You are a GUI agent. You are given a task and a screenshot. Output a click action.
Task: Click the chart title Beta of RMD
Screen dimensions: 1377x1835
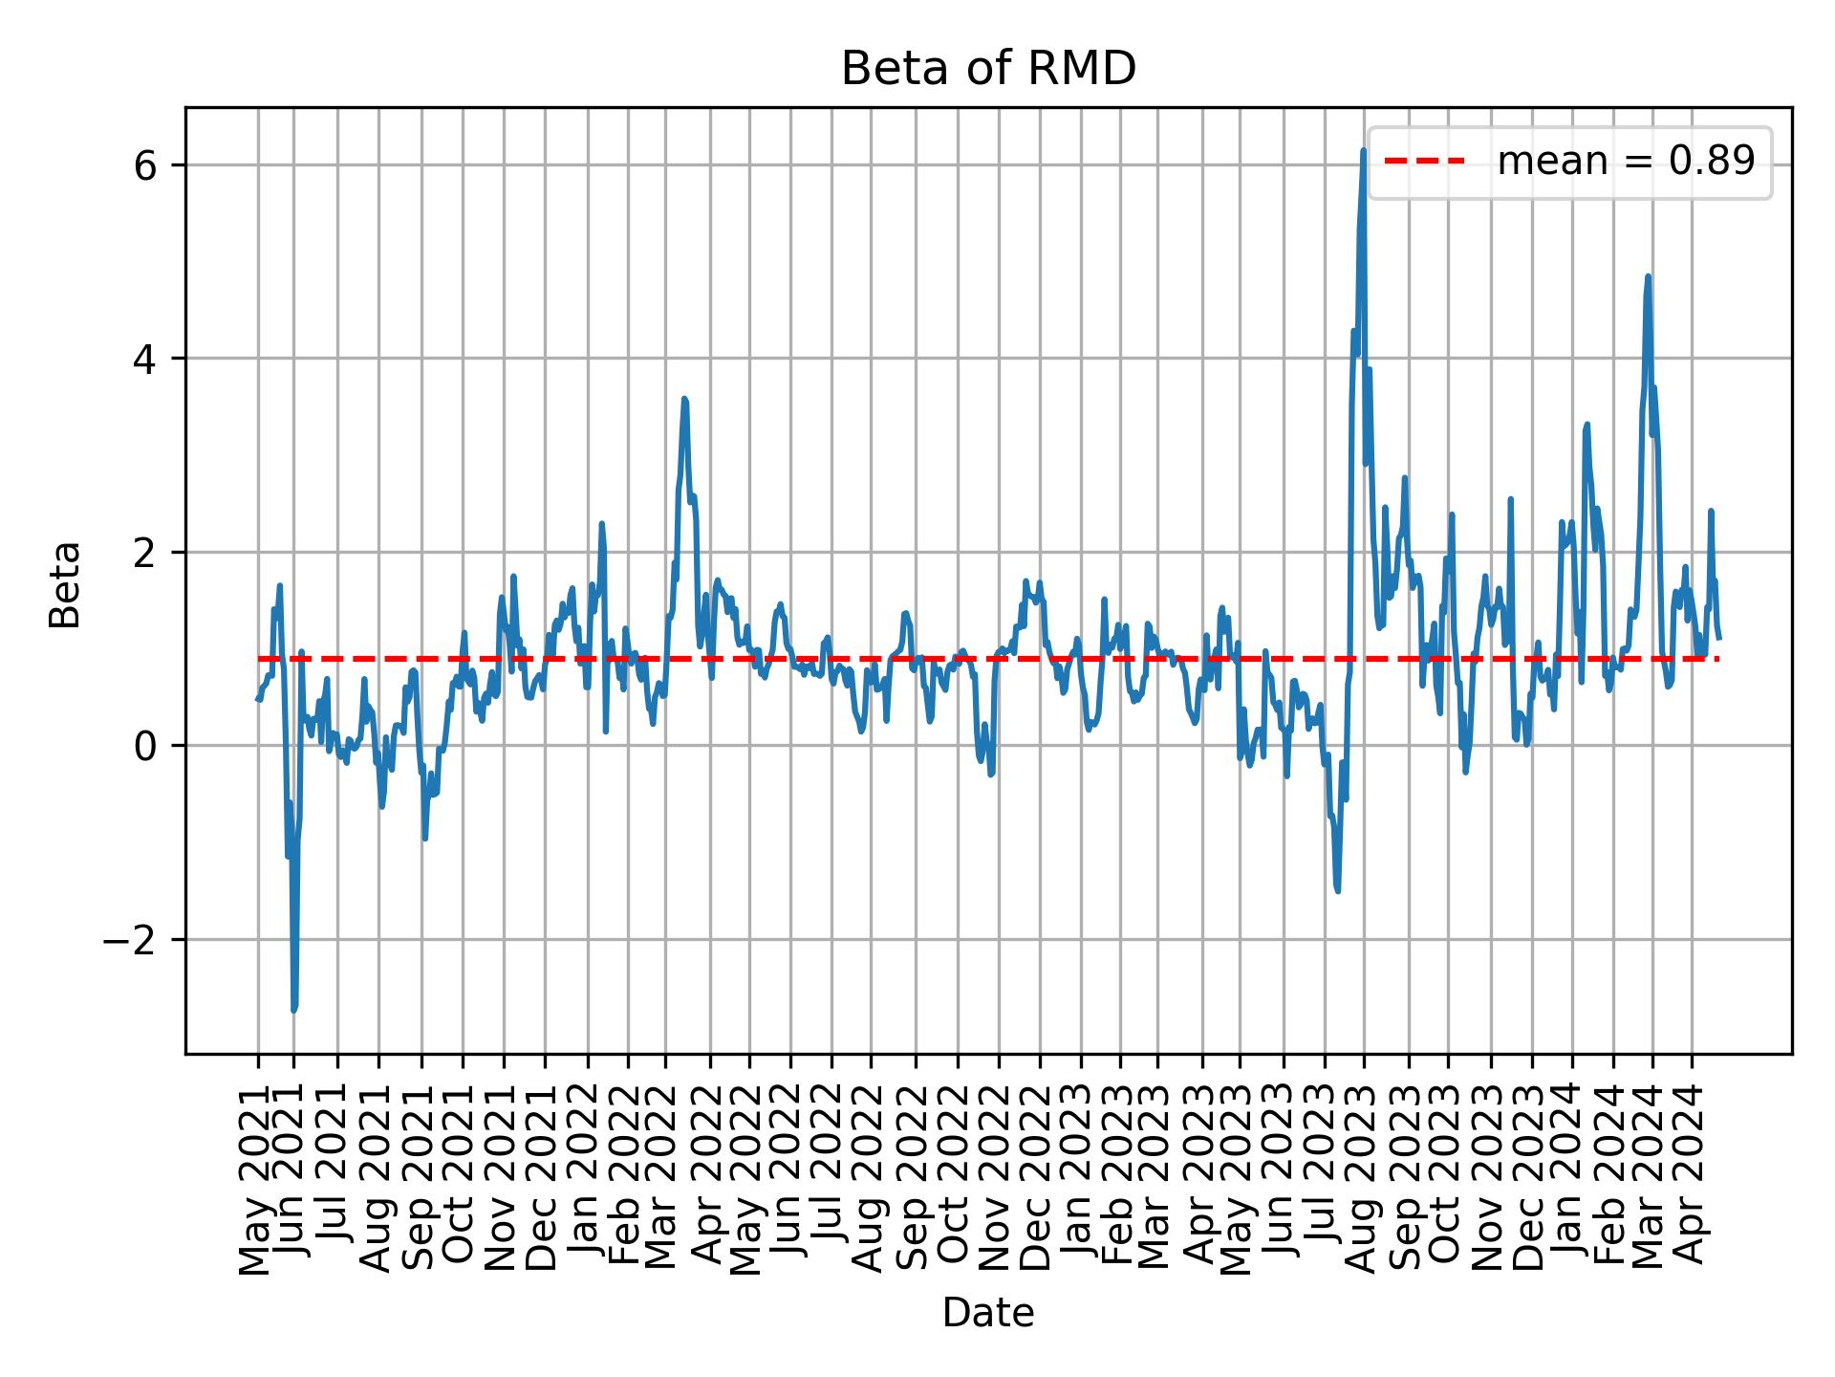pyautogui.click(x=988, y=69)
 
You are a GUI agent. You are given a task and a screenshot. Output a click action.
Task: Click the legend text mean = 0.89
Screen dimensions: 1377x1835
pyautogui.click(x=1626, y=162)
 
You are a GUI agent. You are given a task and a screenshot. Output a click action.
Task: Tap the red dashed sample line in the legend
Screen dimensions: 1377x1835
pyautogui.click(x=1424, y=162)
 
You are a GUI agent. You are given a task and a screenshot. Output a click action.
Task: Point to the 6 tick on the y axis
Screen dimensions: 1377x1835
pyautogui.click(x=145, y=165)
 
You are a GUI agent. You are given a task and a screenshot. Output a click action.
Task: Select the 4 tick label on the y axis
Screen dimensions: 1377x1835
pyautogui.click(x=145, y=360)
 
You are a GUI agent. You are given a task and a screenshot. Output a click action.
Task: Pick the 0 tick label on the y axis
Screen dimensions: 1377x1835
pyautogui.click(x=145, y=746)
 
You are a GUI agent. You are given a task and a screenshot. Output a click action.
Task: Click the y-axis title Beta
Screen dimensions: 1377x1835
pyautogui.click(x=65, y=584)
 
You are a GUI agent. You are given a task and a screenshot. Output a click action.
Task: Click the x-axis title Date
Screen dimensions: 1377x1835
pyautogui.click(x=988, y=1313)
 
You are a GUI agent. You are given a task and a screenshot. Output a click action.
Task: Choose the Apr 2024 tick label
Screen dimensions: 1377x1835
pyautogui.click(x=1692, y=1179)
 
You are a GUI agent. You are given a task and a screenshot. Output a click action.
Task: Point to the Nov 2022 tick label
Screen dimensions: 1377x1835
pyautogui.click(x=999, y=1179)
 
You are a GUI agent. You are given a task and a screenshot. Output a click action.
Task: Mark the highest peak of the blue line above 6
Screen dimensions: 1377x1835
pyautogui.click(x=1364, y=151)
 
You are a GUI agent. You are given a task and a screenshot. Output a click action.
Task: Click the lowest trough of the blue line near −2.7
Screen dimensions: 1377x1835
pyautogui.click(x=293, y=1010)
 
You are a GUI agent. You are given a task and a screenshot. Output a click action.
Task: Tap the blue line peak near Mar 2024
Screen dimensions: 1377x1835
pyautogui.click(x=1648, y=276)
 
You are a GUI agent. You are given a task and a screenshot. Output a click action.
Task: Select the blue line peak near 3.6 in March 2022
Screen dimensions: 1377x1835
pyautogui.click(x=684, y=399)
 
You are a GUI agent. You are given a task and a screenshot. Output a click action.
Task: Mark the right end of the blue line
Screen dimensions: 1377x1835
pyautogui.click(x=1719, y=638)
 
